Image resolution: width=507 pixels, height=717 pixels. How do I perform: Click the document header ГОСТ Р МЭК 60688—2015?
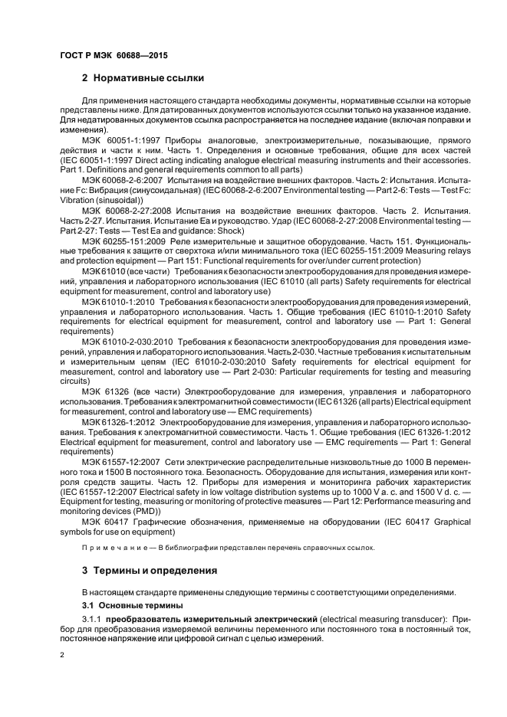tap(114, 56)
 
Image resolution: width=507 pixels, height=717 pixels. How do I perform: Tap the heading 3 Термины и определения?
tap(150, 571)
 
